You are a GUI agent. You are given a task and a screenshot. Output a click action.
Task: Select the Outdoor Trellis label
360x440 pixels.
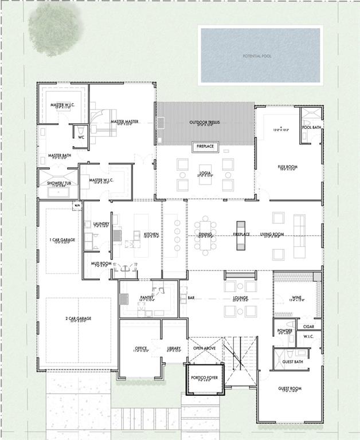[x=205, y=123]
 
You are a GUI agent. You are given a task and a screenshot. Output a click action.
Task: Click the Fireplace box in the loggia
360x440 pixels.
[x=205, y=147]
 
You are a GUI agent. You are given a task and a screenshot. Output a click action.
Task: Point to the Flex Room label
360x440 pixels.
[x=286, y=167]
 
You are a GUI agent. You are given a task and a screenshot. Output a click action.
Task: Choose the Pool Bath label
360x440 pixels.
[x=311, y=127]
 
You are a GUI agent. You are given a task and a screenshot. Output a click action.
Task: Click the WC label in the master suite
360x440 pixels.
[x=81, y=137]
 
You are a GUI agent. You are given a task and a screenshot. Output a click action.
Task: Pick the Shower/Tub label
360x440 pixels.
[x=59, y=183]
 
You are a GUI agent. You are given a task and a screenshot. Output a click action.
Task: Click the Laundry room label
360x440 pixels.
[x=101, y=223]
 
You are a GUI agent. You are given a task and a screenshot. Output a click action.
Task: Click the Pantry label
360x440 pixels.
[x=146, y=297]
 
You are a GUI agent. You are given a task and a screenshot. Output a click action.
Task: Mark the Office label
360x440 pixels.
[x=141, y=348]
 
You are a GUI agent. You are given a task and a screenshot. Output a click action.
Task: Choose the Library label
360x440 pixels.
[x=174, y=348]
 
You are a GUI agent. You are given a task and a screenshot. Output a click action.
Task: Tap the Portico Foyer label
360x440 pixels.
[x=205, y=378]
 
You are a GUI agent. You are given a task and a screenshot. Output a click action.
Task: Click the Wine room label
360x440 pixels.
[x=296, y=297]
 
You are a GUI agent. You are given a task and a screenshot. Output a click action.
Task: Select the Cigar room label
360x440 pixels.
[x=308, y=326]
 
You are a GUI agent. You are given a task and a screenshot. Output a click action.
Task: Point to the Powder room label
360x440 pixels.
[x=285, y=331]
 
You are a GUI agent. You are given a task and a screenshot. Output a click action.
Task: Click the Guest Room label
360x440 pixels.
[x=289, y=388]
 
